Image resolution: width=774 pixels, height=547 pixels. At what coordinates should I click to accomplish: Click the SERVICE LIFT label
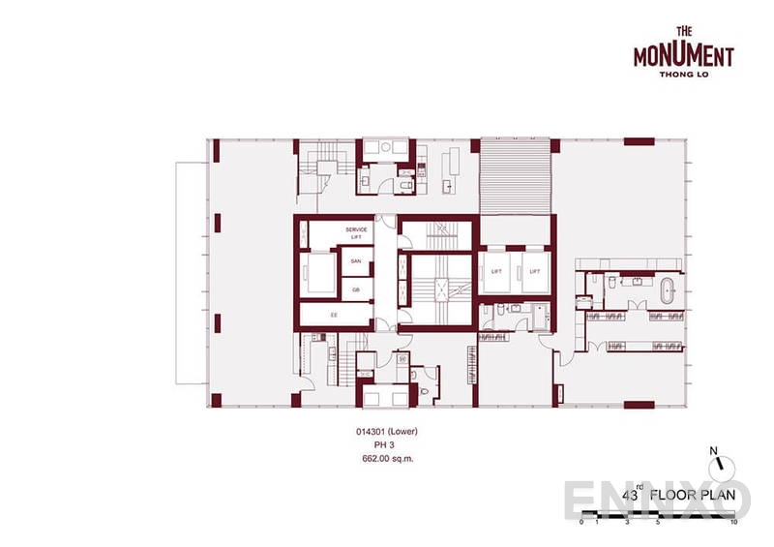357,232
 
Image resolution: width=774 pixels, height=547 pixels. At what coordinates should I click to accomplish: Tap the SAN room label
355,261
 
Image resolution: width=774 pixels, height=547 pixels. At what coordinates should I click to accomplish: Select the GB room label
355,289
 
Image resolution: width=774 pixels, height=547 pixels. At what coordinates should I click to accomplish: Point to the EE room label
334,315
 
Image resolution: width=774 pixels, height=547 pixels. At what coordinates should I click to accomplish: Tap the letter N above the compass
713,449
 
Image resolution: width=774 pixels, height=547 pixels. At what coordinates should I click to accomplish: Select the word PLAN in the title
730,496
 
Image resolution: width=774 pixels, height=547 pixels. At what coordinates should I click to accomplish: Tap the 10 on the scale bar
736,522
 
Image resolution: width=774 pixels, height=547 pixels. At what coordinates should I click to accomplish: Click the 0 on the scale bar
581,522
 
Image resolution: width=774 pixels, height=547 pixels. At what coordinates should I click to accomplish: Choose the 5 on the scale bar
659,522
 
